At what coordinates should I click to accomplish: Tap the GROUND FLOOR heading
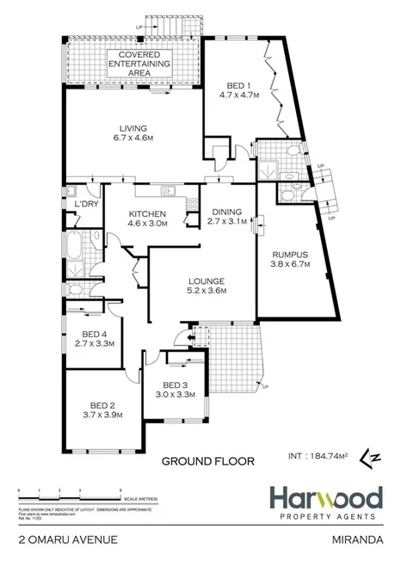pyautogui.click(x=208, y=461)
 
